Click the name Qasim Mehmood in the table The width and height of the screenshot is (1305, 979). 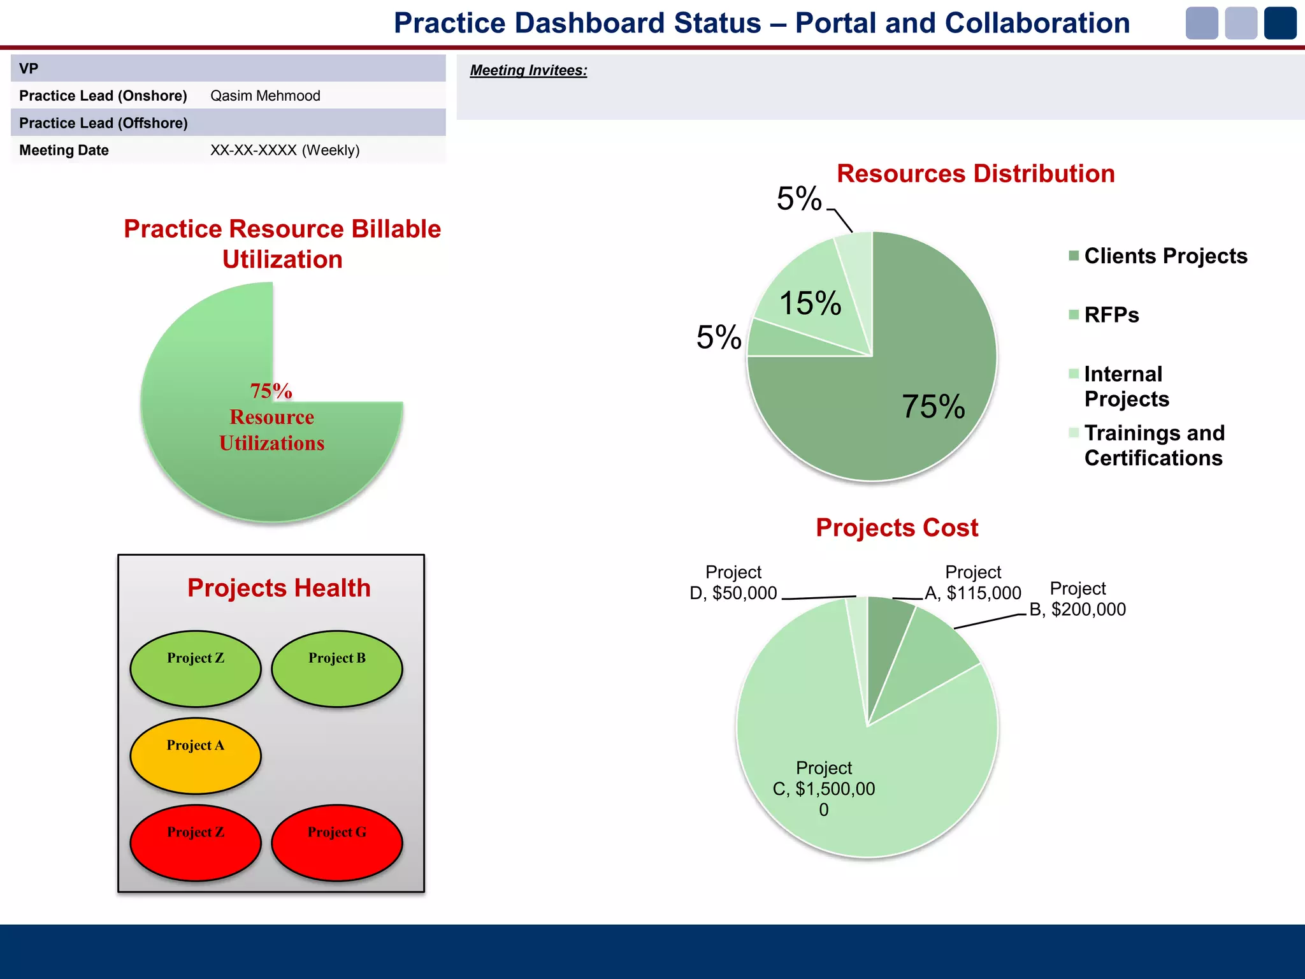click(265, 96)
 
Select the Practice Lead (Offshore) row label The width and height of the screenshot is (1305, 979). click(103, 123)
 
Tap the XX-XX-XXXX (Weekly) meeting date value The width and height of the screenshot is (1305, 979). click(285, 150)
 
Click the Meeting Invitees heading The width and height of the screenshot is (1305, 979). click(528, 70)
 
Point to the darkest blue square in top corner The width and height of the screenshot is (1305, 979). click(1280, 24)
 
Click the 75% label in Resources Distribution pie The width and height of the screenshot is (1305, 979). click(933, 407)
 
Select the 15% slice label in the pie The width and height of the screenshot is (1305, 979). click(810, 303)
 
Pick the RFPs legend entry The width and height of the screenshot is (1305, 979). click(1111, 315)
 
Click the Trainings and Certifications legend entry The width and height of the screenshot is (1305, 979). click(1153, 445)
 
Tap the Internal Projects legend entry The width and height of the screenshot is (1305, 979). click(1126, 386)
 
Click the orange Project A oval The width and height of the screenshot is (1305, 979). click(196, 756)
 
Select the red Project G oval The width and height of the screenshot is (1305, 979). click(336, 843)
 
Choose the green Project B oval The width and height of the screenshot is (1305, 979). click(336, 669)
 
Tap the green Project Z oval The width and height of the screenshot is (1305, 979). click(196, 669)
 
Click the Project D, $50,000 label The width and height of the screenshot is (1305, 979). click(733, 583)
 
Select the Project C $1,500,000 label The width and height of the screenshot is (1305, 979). click(823, 788)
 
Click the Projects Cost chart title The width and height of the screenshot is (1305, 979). click(897, 528)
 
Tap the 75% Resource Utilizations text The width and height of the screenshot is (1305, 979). click(271, 417)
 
